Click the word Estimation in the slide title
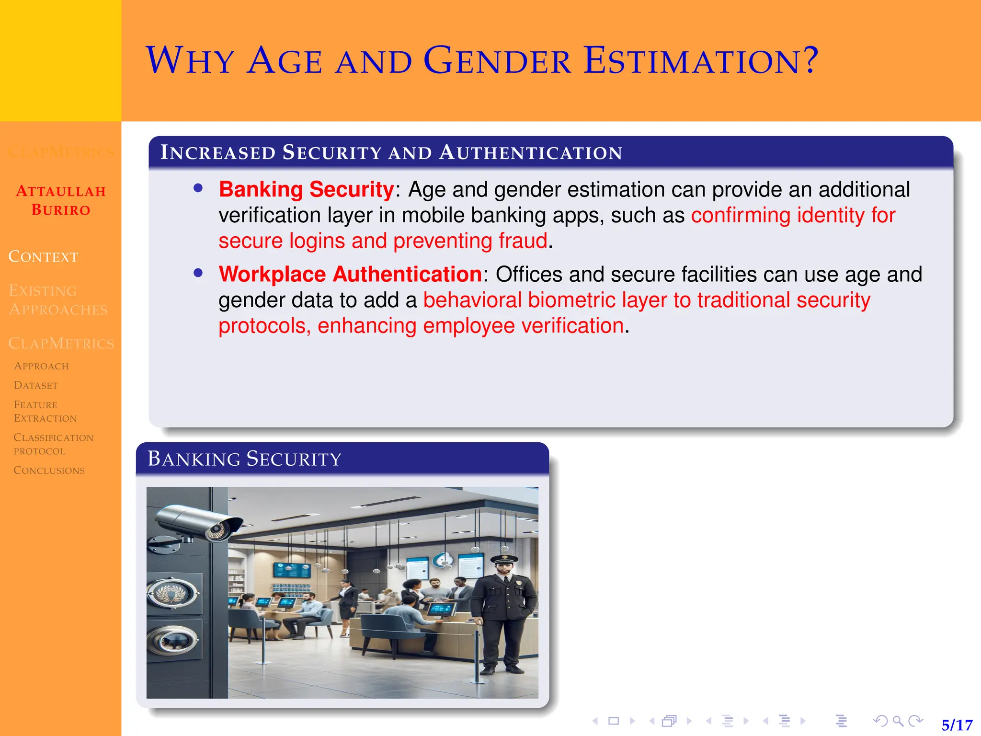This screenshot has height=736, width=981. click(701, 61)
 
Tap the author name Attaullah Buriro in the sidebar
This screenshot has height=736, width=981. click(61, 200)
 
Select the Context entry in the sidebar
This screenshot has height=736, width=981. click(43, 257)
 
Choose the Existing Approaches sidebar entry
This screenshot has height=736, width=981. click(58, 300)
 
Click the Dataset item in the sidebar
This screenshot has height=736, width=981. click(36, 386)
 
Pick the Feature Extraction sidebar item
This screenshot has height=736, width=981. click(45, 412)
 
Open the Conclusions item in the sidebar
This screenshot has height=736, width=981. click(49, 471)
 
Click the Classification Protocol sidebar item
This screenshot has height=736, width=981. click(53, 444)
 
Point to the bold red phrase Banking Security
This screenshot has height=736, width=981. click(307, 190)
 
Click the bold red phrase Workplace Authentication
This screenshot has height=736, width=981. click(350, 275)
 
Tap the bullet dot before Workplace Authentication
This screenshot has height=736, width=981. click(198, 273)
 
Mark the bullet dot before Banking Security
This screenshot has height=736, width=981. click(198, 188)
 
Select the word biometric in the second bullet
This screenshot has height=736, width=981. click(571, 300)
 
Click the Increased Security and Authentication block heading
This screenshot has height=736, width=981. click(391, 153)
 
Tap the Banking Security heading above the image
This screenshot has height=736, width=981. click(244, 459)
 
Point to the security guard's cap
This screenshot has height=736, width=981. click(504, 559)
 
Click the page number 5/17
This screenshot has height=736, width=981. click(957, 724)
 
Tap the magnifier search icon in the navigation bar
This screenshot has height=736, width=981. click(898, 721)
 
